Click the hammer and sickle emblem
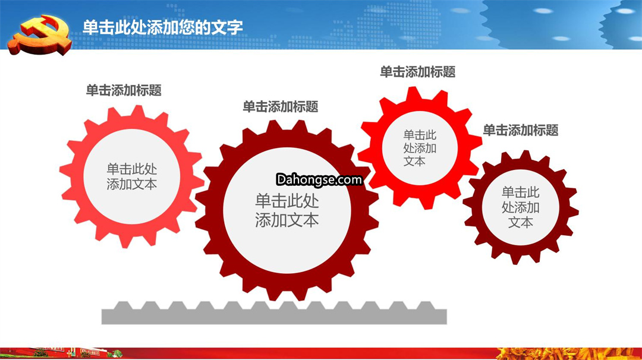[40, 35]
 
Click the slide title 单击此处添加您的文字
[162, 27]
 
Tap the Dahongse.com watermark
[319, 179]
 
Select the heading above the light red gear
[124, 90]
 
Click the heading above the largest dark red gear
[281, 107]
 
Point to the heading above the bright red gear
[418, 72]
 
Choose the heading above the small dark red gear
[520, 131]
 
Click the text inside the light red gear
[132, 176]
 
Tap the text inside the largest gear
[287, 211]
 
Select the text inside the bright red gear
[420, 148]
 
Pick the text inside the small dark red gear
[520, 207]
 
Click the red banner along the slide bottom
[321, 353]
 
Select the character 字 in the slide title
[235, 27]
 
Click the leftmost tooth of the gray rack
[123, 305]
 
